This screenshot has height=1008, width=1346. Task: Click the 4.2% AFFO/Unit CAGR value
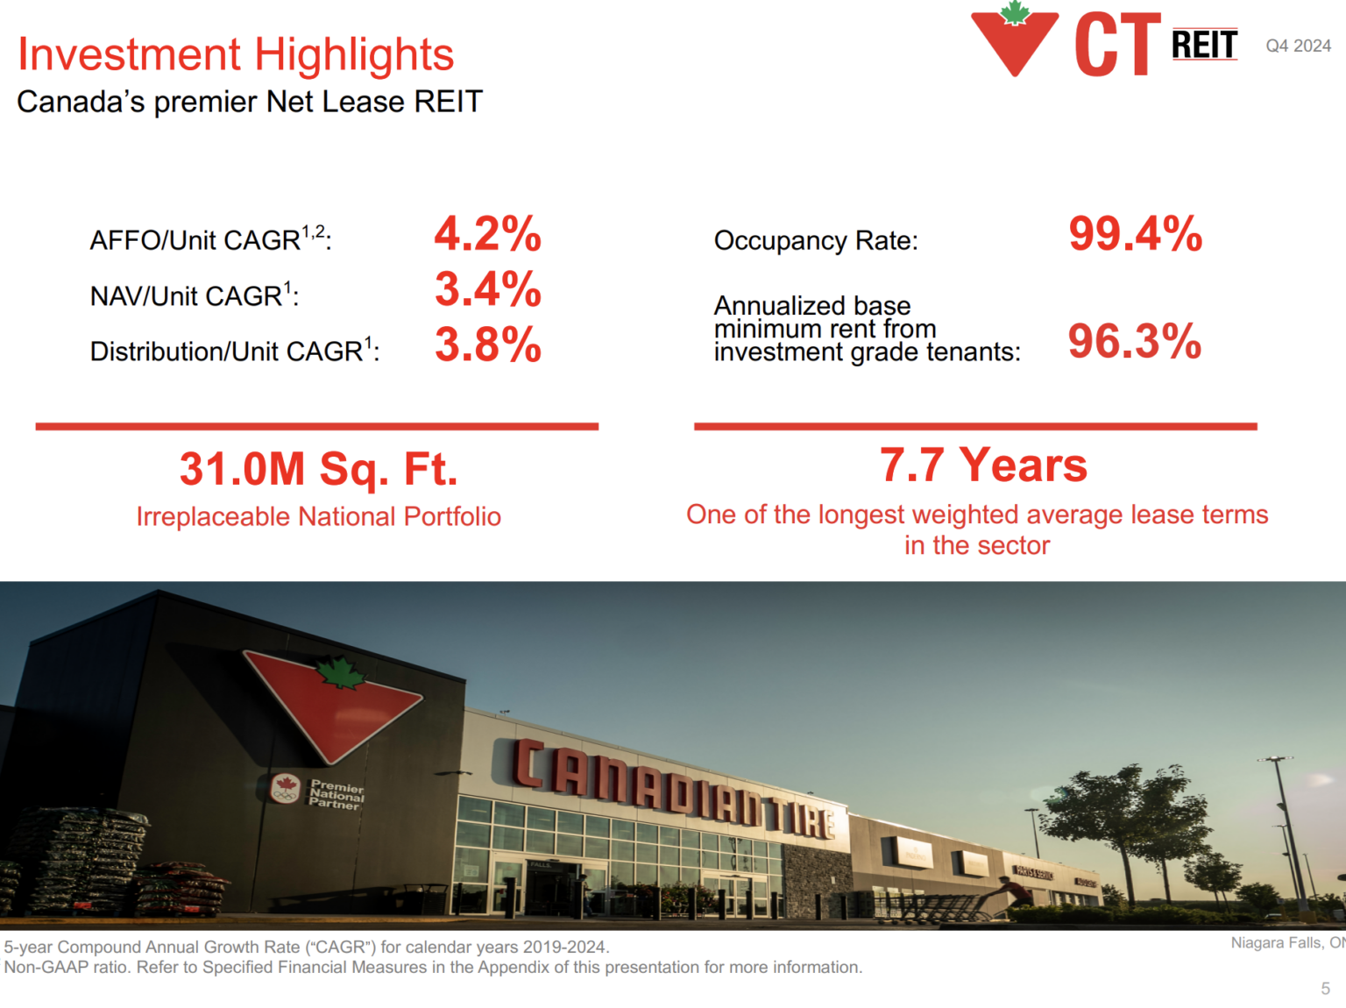pos(487,234)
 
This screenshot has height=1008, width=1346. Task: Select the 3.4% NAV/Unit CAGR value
pos(487,290)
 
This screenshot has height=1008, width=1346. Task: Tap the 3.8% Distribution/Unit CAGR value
pos(487,344)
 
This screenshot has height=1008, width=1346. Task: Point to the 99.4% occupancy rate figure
pos(1135,234)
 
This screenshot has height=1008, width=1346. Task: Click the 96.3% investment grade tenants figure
pos(1134,341)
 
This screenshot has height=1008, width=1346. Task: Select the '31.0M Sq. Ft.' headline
pos(318,469)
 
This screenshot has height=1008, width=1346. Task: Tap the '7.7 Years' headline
pos(983,465)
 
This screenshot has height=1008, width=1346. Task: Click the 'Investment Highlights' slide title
pos(236,54)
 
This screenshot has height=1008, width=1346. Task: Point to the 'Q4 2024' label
pos(1298,46)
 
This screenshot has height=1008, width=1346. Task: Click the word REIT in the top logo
pos(1204,45)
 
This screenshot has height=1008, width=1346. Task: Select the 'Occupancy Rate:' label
pos(816,240)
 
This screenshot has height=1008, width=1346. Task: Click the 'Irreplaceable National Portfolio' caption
pos(318,516)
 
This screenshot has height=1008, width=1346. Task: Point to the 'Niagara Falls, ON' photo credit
pos(1286,943)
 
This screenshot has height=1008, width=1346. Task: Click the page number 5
pos(1325,989)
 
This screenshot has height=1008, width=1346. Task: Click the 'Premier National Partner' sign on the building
pos(336,794)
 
